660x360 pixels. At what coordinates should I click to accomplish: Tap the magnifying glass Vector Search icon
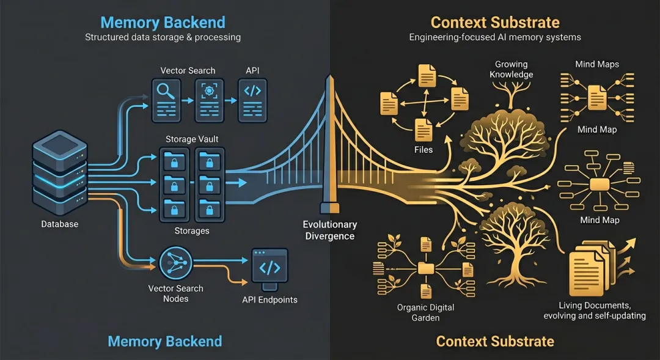(x=166, y=99)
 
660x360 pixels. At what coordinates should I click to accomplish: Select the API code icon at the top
(x=252, y=99)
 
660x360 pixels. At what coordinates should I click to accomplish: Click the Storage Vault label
(x=192, y=139)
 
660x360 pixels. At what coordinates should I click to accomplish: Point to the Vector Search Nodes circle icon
(x=175, y=264)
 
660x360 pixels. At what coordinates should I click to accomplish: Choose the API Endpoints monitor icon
(x=269, y=269)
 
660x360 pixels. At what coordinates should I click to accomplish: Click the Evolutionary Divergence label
(x=329, y=230)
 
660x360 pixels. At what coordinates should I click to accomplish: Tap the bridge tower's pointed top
(x=329, y=78)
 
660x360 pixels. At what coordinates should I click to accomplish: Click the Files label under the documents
(x=424, y=149)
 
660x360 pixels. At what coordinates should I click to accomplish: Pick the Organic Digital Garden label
(x=425, y=312)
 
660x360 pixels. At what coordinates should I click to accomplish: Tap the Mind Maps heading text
(x=597, y=64)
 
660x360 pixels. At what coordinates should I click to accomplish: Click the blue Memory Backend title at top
(x=163, y=23)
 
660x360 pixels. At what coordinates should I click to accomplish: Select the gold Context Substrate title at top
(x=495, y=23)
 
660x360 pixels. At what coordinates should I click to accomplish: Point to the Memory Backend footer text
(x=165, y=341)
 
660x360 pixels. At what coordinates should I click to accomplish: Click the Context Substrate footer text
(x=495, y=341)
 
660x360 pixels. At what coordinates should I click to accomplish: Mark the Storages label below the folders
(x=192, y=231)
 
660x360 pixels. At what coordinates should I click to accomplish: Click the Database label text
(x=60, y=224)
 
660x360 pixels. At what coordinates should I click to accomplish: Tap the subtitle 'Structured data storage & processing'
(x=163, y=37)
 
